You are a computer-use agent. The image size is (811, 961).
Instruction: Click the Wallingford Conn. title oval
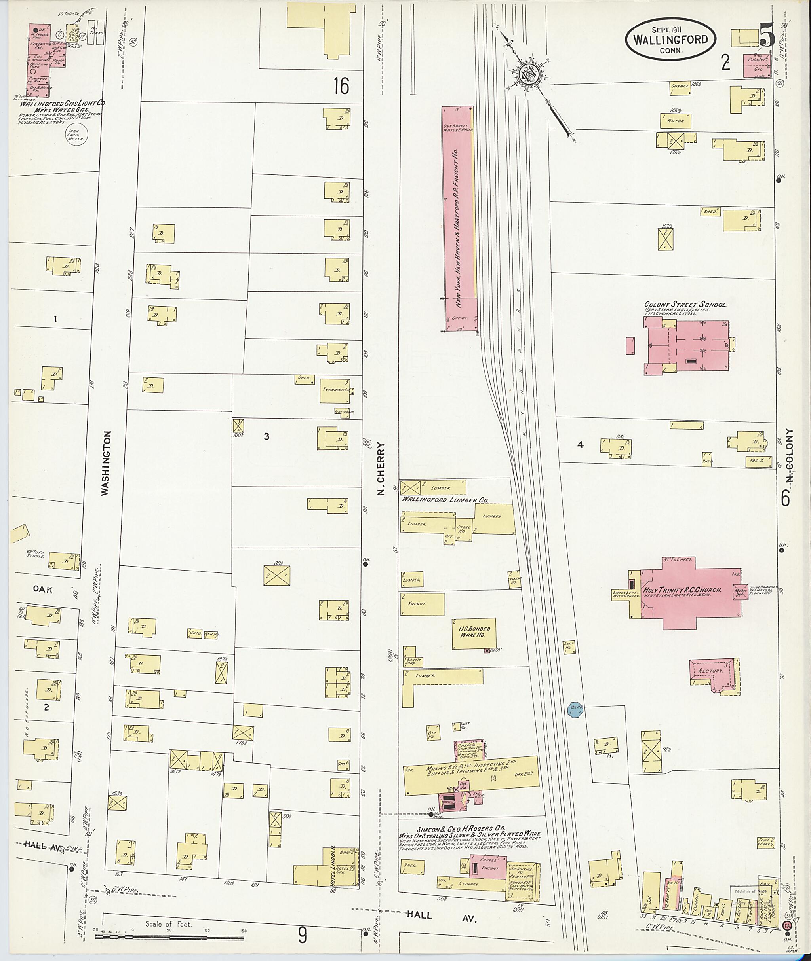click(670, 39)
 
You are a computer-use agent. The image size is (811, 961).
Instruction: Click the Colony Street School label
click(685, 304)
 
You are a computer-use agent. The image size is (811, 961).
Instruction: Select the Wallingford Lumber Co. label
click(445, 499)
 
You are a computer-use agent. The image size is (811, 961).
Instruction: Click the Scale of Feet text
click(168, 924)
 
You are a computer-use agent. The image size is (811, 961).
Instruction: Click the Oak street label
click(42, 590)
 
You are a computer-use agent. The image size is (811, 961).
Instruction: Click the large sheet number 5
click(767, 35)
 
